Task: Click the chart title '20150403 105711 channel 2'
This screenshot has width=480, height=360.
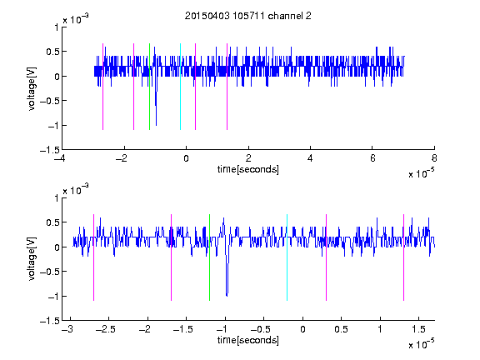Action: pyautogui.click(x=248, y=16)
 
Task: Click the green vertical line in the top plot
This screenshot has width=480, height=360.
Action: pyautogui.click(x=149, y=87)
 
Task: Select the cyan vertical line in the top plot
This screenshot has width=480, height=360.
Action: pyautogui.click(x=180, y=87)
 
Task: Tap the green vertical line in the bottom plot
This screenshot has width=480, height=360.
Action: pyautogui.click(x=209, y=257)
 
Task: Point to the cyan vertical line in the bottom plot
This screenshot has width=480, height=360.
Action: pyautogui.click(x=287, y=257)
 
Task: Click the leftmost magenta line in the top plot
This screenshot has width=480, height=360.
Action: pyautogui.click(x=102, y=87)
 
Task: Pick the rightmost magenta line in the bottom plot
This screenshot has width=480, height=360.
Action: pyautogui.click(x=403, y=257)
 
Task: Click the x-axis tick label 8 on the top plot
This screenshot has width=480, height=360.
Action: pyautogui.click(x=434, y=158)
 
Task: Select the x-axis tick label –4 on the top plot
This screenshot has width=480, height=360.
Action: pyautogui.click(x=59, y=158)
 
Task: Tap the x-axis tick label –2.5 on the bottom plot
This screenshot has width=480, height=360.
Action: pyautogui.click(x=106, y=329)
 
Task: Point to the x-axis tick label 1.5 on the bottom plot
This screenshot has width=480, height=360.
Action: pyautogui.click(x=419, y=329)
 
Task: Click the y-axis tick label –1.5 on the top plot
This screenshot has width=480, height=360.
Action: pyautogui.click(x=50, y=150)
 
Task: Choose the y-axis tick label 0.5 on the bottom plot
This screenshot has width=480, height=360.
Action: pyautogui.click(x=52, y=222)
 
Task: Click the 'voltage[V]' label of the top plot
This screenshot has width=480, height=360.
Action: pyautogui.click(x=32, y=89)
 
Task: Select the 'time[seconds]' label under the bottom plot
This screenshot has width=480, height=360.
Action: pyautogui.click(x=248, y=340)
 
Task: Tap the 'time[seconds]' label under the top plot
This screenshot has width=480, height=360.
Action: pyautogui.click(x=248, y=169)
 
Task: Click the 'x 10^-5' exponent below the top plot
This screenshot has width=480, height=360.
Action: pyautogui.click(x=421, y=173)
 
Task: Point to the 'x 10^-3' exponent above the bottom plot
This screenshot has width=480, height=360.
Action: pyautogui.click(x=76, y=190)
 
